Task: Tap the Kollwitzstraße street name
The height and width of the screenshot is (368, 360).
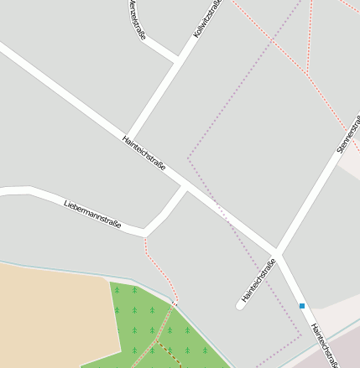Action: coord(208,19)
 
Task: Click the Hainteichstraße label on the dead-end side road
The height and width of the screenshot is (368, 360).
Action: coord(258,282)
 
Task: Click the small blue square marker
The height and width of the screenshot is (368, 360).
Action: coord(302,306)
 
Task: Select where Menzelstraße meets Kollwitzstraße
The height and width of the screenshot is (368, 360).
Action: coord(178,61)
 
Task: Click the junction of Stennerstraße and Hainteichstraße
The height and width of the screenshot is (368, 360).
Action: coord(275,252)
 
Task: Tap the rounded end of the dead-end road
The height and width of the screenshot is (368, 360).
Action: coord(240,305)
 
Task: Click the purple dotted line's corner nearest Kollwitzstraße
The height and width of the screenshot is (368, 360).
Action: coord(188,157)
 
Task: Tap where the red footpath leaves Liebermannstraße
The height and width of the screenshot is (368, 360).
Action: coord(144,237)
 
